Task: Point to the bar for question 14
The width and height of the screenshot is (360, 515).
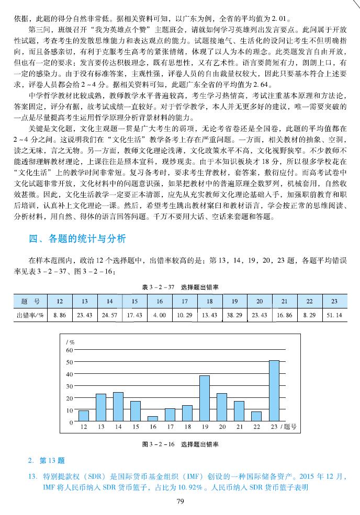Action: point(118,407)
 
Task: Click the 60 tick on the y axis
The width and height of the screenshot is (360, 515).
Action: point(70,350)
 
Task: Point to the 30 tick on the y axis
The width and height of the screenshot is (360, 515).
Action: point(70,386)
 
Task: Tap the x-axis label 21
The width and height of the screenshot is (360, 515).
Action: point(239,427)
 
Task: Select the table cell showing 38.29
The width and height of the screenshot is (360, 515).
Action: point(234,315)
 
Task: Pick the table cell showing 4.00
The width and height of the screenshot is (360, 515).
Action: point(160,315)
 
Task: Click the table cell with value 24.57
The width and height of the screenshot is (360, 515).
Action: point(109,315)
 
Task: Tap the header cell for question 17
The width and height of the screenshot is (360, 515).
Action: point(184,302)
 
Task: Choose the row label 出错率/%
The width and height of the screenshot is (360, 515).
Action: point(30,315)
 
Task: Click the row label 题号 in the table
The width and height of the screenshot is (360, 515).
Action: point(30,302)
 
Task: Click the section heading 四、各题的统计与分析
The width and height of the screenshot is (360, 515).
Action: point(77,239)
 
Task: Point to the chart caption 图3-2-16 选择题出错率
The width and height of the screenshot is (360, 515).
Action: point(180,444)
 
